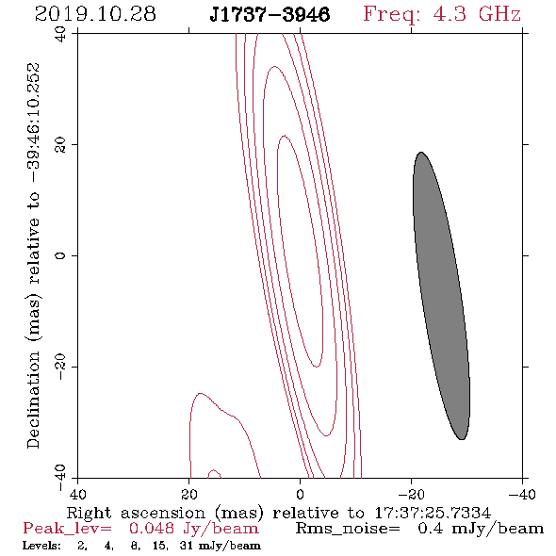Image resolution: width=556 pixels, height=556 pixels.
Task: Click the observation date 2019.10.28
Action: click(95, 14)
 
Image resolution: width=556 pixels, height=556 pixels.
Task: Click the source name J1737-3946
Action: click(270, 15)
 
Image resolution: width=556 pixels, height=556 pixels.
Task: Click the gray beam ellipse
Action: click(441, 296)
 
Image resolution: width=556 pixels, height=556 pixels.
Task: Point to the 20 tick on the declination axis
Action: click(60, 145)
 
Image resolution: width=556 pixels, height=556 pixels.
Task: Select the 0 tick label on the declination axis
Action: click(60, 255)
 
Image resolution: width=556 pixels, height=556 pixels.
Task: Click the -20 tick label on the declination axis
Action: click(60, 367)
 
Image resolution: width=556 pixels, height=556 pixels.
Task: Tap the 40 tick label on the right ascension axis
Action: click(77, 495)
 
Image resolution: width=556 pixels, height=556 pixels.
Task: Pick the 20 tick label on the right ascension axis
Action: click(189, 495)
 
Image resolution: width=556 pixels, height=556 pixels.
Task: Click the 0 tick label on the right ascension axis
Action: click(300, 495)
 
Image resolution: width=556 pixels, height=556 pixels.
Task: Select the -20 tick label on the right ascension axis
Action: click(411, 495)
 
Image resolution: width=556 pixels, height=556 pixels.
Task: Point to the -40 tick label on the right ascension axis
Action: click(522, 495)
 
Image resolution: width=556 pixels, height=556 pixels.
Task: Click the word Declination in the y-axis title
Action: click(33, 400)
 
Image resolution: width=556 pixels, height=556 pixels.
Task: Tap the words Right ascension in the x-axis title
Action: click(136, 513)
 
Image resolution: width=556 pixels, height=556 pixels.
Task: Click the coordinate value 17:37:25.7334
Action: click(433, 513)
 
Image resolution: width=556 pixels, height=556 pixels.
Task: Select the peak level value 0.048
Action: click(152, 529)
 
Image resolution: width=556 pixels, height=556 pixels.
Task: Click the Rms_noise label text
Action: click(348, 529)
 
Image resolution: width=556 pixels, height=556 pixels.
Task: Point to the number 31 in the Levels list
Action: click(186, 546)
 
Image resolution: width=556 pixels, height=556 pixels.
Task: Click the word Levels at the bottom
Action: click(41, 546)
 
